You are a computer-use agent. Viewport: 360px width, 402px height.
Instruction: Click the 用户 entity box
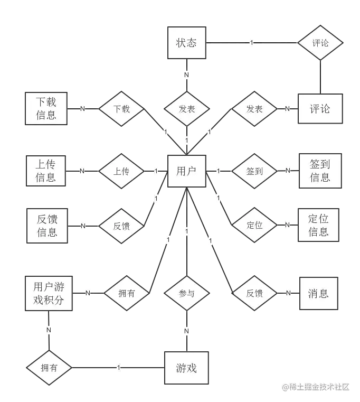pyautogui.click(x=186, y=171)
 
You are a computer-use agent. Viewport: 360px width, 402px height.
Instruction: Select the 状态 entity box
pyautogui.click(x=186, y=43)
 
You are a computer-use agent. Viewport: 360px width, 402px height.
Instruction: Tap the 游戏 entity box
pyautogui.click(x=186, y=368)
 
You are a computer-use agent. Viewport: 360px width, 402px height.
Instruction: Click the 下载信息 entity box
pyautogui.click(x=46, y=108)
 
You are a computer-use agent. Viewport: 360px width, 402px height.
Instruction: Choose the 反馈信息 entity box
pyautogui.click(x=47, y=226)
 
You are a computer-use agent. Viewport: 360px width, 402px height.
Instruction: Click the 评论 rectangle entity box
pyautogui.click(x=319, y=109)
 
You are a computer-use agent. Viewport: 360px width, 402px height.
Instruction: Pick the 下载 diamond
pyautogui.click(x=121, y=109)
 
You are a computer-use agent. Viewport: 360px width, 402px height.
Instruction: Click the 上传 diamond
pyautogui.click(x=121, y=172)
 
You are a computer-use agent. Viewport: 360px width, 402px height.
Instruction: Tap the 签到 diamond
pyautogui.click(x=254, y=172)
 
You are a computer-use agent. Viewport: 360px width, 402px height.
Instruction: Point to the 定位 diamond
pyautogui.click(x=254, y=226)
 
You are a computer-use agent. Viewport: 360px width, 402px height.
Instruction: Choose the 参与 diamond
pyautogui.click(x=186, y=293)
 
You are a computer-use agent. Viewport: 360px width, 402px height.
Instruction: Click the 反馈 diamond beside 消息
pyautogui.click(x=254, y=293)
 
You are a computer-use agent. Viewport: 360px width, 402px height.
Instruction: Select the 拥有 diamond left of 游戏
pyautogui.click(x=49, y=368)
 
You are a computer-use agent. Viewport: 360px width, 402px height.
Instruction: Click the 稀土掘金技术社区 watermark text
pyautogui.click(x=316, y=387)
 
